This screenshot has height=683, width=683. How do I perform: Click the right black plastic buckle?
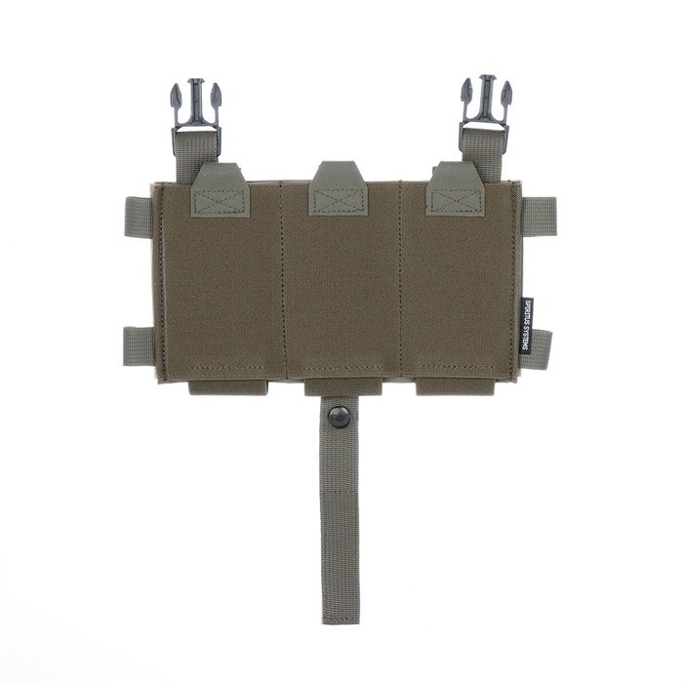click(x=486, y=109)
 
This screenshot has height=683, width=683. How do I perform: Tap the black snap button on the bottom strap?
click(x=340, y=417)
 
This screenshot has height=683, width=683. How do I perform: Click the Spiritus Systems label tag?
click(x=527, y=326)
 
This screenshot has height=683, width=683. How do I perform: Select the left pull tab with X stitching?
click(x=221, y=190)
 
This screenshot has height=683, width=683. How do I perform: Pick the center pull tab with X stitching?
click(x=339, y=189)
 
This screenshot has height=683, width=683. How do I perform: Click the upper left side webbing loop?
click(x=139, y=217)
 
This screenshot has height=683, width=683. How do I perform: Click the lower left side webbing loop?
click(x=139, y=345)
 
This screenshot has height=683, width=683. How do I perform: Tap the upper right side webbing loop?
click(x=539, y=217)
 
